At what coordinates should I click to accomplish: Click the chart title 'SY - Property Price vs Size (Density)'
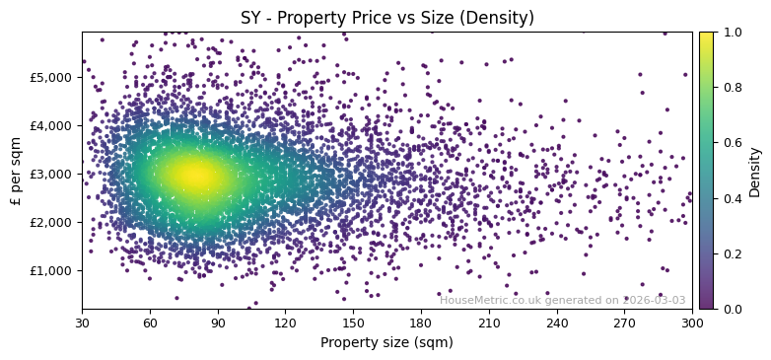[x=387, y=18]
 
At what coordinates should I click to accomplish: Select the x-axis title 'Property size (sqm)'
[x=386, y=342]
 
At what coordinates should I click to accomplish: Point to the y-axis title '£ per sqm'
[x=16, y=171]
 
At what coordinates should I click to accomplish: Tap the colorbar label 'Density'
[x=755, y=171]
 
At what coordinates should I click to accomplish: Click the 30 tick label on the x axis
[x=82, y=323]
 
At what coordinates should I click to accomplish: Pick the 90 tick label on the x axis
[x=218, y=323]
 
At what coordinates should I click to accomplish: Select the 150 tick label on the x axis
[x=353, y=323]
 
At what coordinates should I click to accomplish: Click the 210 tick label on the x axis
[x=489, y=323]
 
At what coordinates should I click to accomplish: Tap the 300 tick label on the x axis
[x=692, y=323]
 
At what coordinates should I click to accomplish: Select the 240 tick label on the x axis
[x=557, y=323]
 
